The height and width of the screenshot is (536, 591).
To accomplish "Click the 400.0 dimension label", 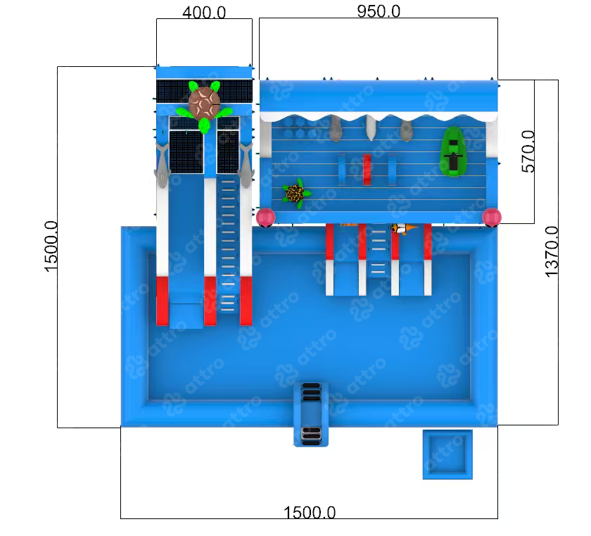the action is [204, 13].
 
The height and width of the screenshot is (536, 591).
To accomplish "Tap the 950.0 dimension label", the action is [379, 11].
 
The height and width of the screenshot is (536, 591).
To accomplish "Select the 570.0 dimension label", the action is [528, 151].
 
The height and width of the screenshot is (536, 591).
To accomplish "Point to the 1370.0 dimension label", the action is [552, 251].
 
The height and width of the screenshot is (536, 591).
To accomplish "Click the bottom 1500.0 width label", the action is [310, 512].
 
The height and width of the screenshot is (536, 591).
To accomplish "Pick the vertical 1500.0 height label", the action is [51, 247].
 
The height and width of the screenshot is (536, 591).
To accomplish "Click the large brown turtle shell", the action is [204, 103].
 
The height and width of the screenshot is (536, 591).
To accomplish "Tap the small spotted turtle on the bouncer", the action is [297, 194].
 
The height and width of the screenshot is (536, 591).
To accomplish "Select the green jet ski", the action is [453, 151].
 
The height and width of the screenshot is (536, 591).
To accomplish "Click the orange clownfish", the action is [404, 228].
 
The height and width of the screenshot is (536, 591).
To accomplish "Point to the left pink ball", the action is [265, 217].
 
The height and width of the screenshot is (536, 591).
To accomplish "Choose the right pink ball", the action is [492, 217].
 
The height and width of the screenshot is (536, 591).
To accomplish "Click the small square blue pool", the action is [447, 454].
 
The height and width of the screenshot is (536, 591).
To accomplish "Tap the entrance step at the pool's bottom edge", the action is [311, 414].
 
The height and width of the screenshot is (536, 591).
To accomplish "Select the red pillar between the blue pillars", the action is [367, 169].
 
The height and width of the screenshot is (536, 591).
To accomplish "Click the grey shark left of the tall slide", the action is [162, 166].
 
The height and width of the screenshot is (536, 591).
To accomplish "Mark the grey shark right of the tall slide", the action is [246, 166].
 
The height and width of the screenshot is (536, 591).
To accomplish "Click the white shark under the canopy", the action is [371, 127].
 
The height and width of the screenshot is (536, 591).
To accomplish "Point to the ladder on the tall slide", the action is [228, 246].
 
